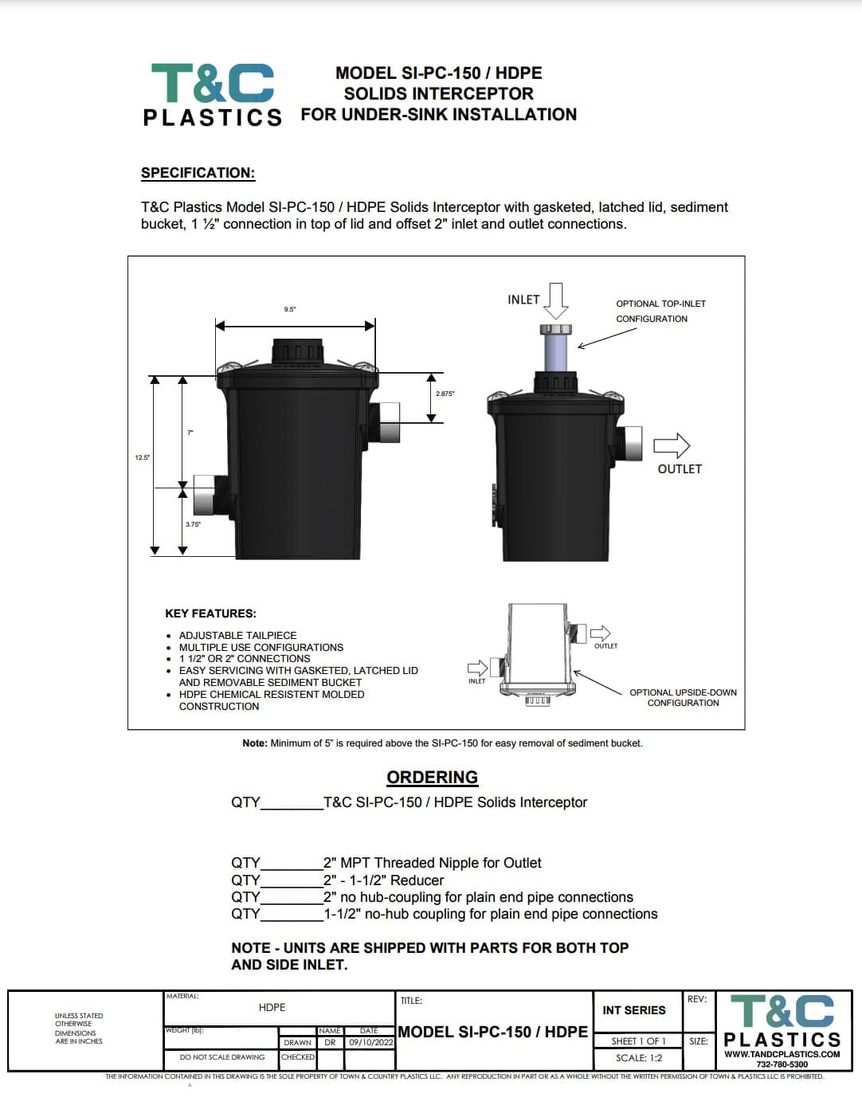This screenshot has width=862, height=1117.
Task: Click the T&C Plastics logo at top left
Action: [x=212, y=94]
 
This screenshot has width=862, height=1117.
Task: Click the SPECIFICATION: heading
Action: [x=198, y=173]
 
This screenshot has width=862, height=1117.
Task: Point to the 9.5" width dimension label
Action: [x=290, y=309]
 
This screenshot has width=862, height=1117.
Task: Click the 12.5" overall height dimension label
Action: [x=142, y=457]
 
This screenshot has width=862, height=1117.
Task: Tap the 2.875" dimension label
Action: [x=445, y=394]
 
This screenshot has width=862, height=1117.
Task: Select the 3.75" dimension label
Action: [x=193, y=524]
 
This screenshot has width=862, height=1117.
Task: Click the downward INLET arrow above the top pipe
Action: [x=556, y=300]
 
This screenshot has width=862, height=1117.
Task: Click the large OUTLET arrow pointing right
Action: [x=672, y=445]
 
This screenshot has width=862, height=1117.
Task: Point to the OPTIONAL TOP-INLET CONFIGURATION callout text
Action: [x=660, y=311]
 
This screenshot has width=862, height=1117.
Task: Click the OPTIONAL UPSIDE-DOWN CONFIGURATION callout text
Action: [x=683, y=697]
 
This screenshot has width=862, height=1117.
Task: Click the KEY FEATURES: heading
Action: [x=210, y=613]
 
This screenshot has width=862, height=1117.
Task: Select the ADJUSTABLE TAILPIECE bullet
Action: [x=237, y=635]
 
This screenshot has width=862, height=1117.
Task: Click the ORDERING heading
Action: [x=432, y=777]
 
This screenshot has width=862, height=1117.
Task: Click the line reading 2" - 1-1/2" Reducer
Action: [x=383, y=880]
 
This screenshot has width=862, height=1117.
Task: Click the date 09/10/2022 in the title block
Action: [x=370, y=1042]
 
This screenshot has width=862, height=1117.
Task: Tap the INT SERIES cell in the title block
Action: [x=633, y=1010]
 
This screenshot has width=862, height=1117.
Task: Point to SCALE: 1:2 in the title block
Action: [x=638, y=1058]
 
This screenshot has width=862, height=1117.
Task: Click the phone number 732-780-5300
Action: [x=782, y=1064]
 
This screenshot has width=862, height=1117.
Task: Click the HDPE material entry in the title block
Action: [x=272, y=1008]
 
